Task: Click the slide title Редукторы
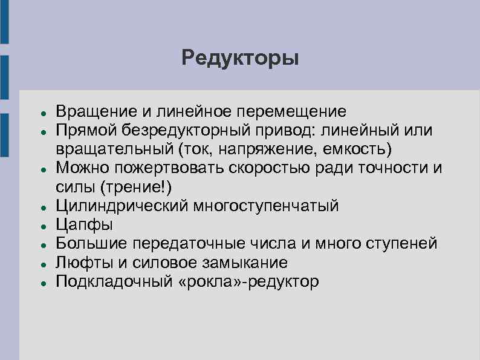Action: pyautogui.click(x=240, y=59)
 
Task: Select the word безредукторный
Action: pyautogui.click(x=185, y=131)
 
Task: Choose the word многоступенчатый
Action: pyautogui.click(x=266, y=206)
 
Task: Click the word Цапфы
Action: pyautogui.click(x=84, y=224)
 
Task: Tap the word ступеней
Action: pyautogui.click(x=401, y=243)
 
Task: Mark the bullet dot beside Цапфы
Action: pyautogui.click(x=37, y=226)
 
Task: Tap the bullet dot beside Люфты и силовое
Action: pyautogui.click(x=37, y=264)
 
